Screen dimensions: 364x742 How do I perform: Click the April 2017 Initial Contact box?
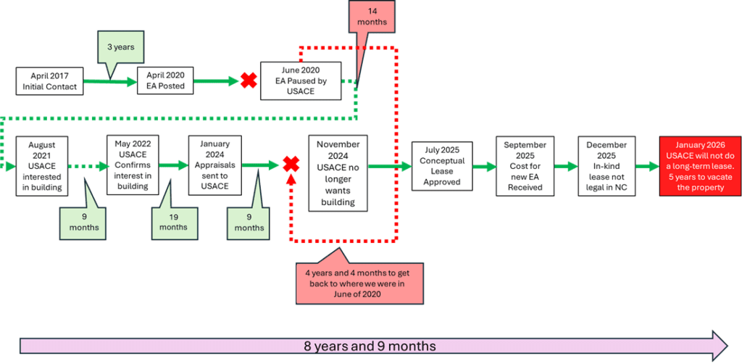(49, 80)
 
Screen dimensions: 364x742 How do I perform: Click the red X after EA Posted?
(249, 80)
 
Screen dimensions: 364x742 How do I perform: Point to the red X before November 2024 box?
(291, 165)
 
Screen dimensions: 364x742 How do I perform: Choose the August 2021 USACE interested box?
(42, 165)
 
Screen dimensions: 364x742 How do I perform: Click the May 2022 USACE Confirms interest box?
(133, 165)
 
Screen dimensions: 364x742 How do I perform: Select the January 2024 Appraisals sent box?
(214, 166)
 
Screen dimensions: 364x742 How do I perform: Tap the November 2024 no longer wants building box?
(337, 173)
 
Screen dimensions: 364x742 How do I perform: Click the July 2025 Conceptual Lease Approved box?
(441, 166)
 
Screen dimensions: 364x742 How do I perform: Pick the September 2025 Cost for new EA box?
(525, 165)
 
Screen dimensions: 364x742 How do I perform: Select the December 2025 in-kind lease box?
(606, 166)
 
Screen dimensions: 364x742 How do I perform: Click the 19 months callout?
(172, 220)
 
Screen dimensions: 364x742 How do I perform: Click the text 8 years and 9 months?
(370, 346)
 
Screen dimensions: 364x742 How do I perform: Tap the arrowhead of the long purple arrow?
(719, 345)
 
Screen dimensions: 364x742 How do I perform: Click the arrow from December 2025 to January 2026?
(646, 166)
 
